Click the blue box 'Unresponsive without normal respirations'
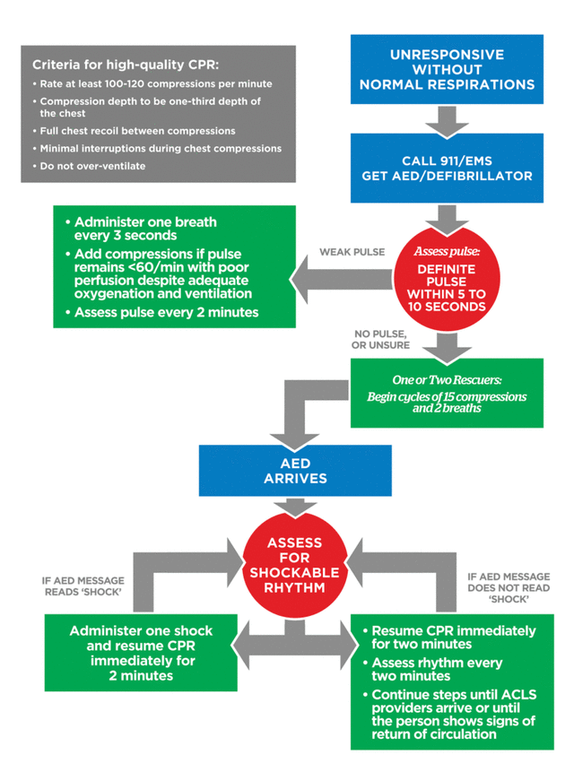(448, 70)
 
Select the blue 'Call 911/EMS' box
(448, 168)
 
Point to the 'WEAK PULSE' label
(352, 252)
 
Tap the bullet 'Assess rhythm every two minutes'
(437, 669)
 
